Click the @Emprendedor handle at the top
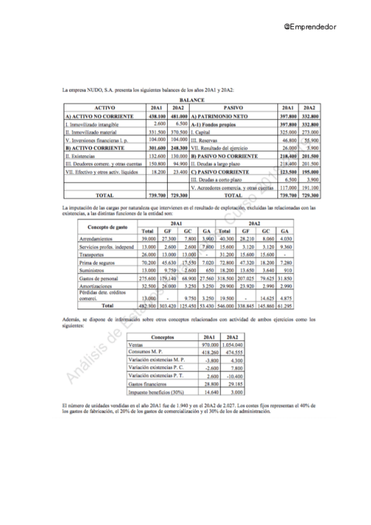(x=309, y=27)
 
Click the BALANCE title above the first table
(x=191, y=99)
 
